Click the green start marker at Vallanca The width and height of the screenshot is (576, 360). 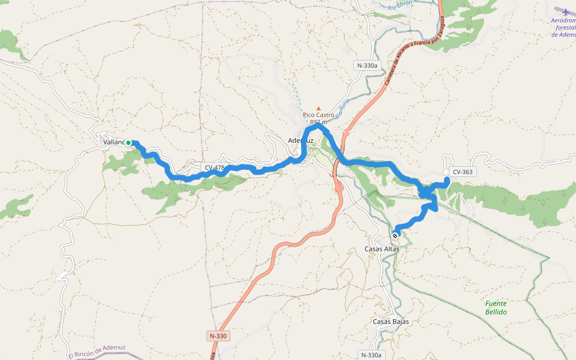[x=128, y=143]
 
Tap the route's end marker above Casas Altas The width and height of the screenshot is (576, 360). [x=395, y=236]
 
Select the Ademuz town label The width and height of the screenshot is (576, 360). [x=301, y=140]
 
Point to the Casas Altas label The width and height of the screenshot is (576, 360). [x=382, y=248]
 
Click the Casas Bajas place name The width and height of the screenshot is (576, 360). [x=391, y=322]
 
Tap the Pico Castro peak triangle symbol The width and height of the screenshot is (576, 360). [x=319, y=109]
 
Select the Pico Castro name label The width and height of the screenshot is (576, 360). [x=319, y=115]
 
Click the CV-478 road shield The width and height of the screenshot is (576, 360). [x=214, y=168]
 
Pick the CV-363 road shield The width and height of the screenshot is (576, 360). [x=463, y=172]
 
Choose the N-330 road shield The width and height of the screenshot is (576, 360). [x=218, y=336]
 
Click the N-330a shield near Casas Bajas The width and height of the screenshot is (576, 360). [x=371, y=355]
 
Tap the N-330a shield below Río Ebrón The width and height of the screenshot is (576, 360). [x=367, y=65]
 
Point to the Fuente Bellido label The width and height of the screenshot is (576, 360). [x=496, y=308]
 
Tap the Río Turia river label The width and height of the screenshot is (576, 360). [x=342, y=109]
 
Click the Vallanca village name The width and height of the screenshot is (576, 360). [x=113, y=142]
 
